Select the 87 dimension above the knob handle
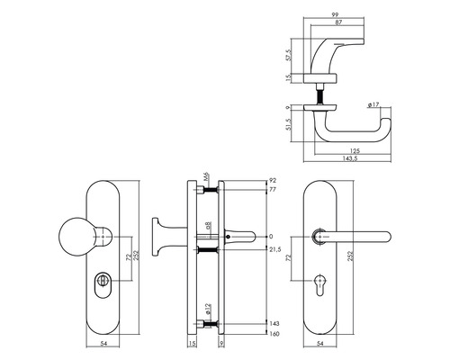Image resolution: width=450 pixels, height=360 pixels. coord(340,24)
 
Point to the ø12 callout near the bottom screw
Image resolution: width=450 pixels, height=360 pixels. coord(206,310)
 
